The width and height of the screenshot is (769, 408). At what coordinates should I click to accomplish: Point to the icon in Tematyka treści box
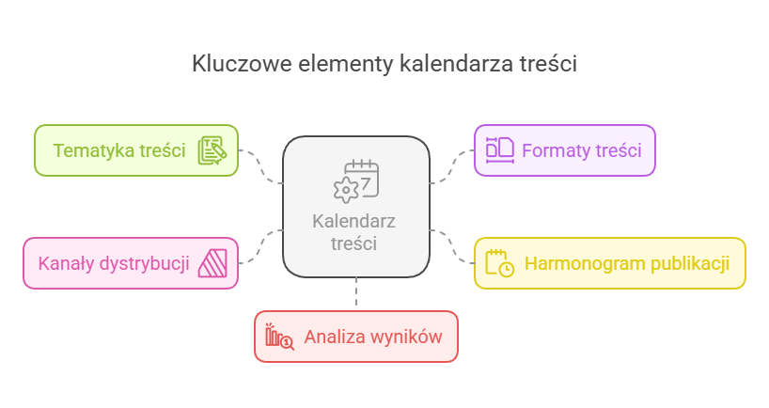pos(212,150)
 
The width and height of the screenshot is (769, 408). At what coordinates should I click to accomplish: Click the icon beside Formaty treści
pos(499,150)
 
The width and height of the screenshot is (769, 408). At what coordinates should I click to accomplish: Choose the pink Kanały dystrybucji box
pos(114,262)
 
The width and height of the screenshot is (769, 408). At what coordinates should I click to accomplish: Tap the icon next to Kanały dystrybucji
pos(212,262)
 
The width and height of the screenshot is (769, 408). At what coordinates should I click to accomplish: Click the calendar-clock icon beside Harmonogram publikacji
pos(499,263)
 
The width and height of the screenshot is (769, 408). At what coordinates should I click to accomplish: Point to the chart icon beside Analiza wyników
pos(279,337)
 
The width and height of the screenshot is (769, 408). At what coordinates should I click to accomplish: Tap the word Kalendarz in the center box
pos(353,222)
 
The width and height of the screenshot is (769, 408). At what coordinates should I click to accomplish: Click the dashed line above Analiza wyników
pos(356,293)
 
